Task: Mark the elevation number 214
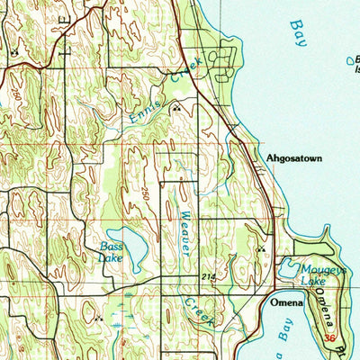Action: point(209,276)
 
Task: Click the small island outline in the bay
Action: point(349,60)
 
